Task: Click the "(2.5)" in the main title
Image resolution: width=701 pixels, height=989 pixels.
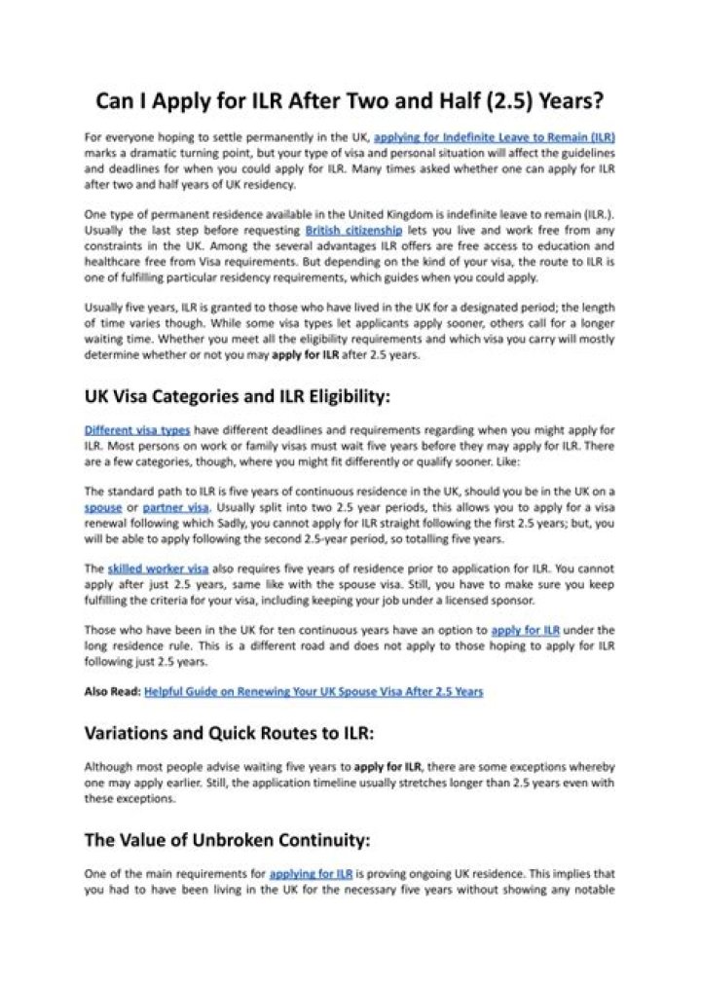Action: point(498,101)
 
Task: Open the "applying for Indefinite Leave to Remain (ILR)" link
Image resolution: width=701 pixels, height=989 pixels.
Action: point(494,138)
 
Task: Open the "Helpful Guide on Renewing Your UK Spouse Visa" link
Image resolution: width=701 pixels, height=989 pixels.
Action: point(313,691)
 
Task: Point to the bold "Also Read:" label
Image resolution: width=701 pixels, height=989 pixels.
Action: point(112,691)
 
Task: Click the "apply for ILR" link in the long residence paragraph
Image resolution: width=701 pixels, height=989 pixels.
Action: point(531,630)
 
